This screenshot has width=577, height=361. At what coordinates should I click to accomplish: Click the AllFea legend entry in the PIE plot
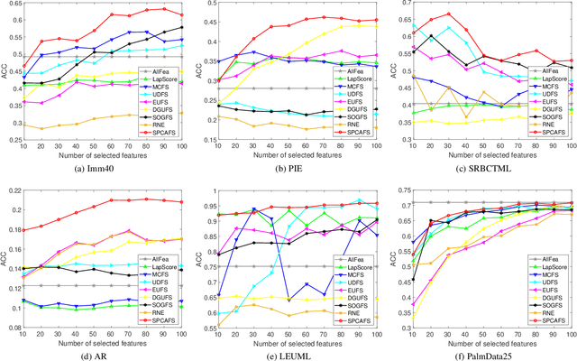[356, 69]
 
